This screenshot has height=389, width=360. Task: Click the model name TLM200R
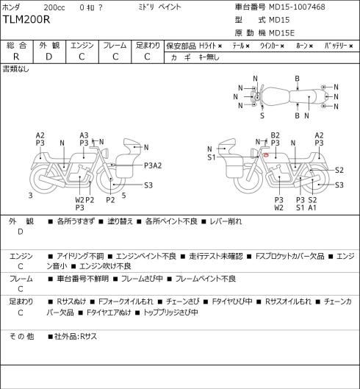pos(26,19)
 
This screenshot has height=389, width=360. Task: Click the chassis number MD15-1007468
pos(297,7)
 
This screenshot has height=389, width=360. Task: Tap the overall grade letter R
pos(16,57)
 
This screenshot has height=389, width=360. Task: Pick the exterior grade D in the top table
pos(48,57)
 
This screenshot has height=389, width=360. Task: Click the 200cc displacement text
pos(54,7)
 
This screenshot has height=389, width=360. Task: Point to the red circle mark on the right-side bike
pos(265,155)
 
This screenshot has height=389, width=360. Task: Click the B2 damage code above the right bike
pos(276,135)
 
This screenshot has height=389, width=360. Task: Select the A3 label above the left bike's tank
pos(84,135)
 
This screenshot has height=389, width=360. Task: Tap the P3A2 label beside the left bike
pos(153,165)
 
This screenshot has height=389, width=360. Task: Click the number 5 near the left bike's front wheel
pos(124,196)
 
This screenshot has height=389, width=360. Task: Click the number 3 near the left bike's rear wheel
pos(31,196)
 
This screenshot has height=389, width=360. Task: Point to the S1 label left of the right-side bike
pos(212,157)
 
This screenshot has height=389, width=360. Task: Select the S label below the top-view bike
pos(262,115)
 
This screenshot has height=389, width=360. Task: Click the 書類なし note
pos(15,69)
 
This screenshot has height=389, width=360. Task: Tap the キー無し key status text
pos(209,57)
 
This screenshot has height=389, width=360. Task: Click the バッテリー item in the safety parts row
pos(336,46)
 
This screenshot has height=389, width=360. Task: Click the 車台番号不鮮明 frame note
pos(83,279)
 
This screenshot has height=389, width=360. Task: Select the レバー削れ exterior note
pos(226,221)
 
